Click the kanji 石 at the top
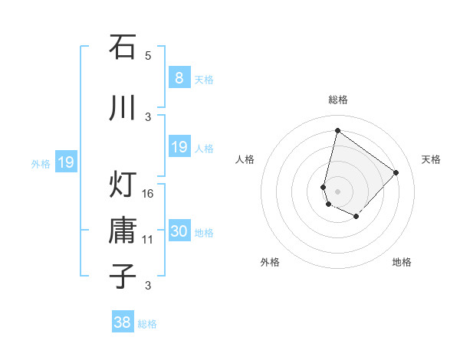coord(123,47)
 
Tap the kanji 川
coord(123,107)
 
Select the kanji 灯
coord(123,184)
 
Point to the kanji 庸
coord(123,230)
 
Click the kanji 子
coord(123,276)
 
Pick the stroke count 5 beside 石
coord(148,56)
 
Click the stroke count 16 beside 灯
coord(148,193)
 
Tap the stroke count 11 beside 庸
coord(148,240)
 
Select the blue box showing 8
coord(179,77)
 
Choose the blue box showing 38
coord(123,322)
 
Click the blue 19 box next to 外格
coord(65,162)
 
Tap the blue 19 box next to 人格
coord(179,147)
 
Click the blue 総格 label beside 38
coord(147,324)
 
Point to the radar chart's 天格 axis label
coord(431,159)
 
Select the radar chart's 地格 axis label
coord(402,262)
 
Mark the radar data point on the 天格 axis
coord(396,172)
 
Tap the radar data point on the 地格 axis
coord(356,218)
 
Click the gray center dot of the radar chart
coord(337,191)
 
